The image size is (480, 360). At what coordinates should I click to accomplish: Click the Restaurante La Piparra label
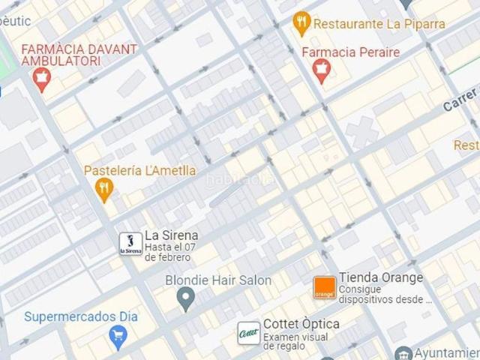coord(379,23)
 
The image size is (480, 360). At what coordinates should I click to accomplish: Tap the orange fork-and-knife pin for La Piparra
coord(301,23)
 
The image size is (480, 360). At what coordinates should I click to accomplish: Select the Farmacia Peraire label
coord(350,52)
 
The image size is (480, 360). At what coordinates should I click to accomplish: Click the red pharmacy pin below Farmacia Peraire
coord(322,72)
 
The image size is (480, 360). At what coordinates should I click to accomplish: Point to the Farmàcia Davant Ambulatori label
coord(79,55)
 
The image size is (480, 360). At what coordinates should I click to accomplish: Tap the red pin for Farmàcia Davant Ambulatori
coord(41,78)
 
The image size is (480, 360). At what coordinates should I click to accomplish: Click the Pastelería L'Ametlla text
coord(140,170)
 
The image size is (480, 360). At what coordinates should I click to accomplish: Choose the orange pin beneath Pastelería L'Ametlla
coord(105,190)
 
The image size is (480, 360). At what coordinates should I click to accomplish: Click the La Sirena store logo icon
coord(130,243)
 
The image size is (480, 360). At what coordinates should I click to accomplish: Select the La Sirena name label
coord(171,235)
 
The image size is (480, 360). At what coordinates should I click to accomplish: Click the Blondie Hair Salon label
coord(218,280)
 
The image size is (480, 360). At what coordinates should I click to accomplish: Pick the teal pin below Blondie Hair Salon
coord(186,301)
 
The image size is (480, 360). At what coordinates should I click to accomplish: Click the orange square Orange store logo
coord(324,288)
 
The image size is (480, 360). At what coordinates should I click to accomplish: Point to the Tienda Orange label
coord(381,277)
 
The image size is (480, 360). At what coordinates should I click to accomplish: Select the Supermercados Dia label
coord(81,316)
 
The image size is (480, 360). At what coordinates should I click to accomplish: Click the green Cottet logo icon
coord(248,333)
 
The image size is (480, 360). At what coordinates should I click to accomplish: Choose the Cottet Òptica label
coord(301,324)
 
